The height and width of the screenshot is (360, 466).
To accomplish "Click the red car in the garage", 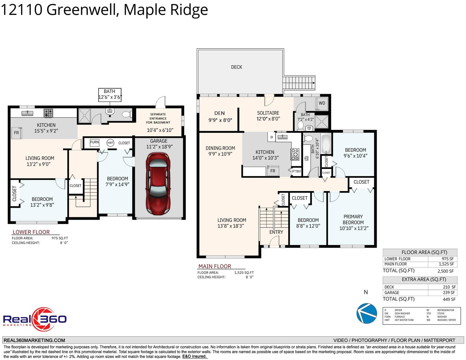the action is [x=158, y=183].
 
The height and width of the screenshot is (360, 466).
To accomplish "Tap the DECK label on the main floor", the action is [x=236, y=67].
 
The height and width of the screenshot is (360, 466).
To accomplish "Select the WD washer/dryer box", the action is [x=322, y=103].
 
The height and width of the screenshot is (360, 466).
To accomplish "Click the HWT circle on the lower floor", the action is [x=110, y=143].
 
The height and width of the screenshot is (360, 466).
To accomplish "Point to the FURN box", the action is [x=94, y=142].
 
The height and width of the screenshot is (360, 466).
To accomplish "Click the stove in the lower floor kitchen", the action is [x=48, y=113].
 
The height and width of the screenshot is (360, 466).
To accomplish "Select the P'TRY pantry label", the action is [x=296, y=171].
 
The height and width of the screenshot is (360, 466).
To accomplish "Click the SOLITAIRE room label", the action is [x=268, y=113].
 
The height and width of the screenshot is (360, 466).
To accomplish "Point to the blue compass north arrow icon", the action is [x=367, y=313].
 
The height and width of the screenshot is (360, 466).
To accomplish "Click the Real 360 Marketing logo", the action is [x=35, y=319].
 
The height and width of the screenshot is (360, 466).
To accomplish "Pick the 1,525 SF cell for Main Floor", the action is [x=446, y=264].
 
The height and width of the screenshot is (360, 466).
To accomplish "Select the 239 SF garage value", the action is [x=449, y=292].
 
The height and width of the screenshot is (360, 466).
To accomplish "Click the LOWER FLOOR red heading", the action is [x=31, y=232].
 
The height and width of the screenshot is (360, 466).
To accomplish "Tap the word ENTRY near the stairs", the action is [x=276, y=232].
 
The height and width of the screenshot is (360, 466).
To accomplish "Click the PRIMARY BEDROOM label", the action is [x=353, y=220].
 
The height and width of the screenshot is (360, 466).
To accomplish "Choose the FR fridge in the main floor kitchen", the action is [x=273, y=171].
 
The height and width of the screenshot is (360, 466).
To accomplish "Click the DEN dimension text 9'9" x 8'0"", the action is [x=220, y=120].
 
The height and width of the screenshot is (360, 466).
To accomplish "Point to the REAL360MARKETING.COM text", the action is [x=34, y=340].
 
